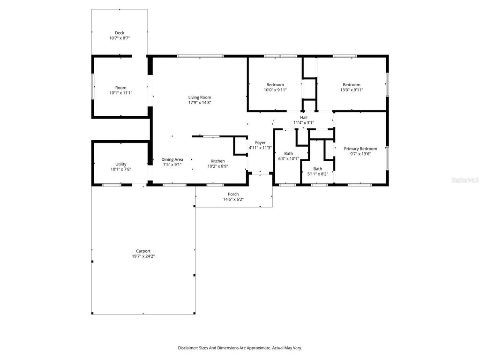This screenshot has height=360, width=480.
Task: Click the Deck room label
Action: (x=120, y=33)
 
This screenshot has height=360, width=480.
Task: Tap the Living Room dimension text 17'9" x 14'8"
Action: (x=200, y=103)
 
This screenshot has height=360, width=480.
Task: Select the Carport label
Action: (x=143, y=251)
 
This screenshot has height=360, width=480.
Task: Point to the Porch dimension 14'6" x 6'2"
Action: (x=233, y=199)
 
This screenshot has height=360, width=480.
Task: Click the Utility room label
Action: (x=120, y=164)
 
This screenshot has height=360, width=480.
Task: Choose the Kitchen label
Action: (x=217, y=161)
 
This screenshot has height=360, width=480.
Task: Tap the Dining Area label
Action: (x=172, y=159)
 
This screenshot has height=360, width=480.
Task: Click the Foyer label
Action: (x=260, y=142)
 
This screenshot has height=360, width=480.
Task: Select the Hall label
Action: (x=304, y=118)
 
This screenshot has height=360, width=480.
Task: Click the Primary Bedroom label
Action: (x=360, y=149)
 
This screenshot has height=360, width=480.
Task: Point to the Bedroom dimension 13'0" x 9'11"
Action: (x=351, y=90)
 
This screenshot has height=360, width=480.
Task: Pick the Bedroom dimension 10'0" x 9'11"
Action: (x=275, y=90)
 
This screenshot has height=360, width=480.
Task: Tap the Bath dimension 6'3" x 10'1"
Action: (x=288, y=158)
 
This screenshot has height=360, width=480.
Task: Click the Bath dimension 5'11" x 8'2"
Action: (x=317, y=174)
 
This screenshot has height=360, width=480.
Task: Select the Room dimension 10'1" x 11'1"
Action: (x=120, y=93)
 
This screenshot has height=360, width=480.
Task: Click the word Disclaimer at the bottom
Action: (x=188, y=348)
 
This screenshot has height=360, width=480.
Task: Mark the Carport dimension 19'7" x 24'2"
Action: (x=143, y=256)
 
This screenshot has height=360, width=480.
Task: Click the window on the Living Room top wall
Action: (x=200, y=56)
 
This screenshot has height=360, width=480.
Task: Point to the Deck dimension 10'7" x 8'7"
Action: (x=120, y=38)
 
